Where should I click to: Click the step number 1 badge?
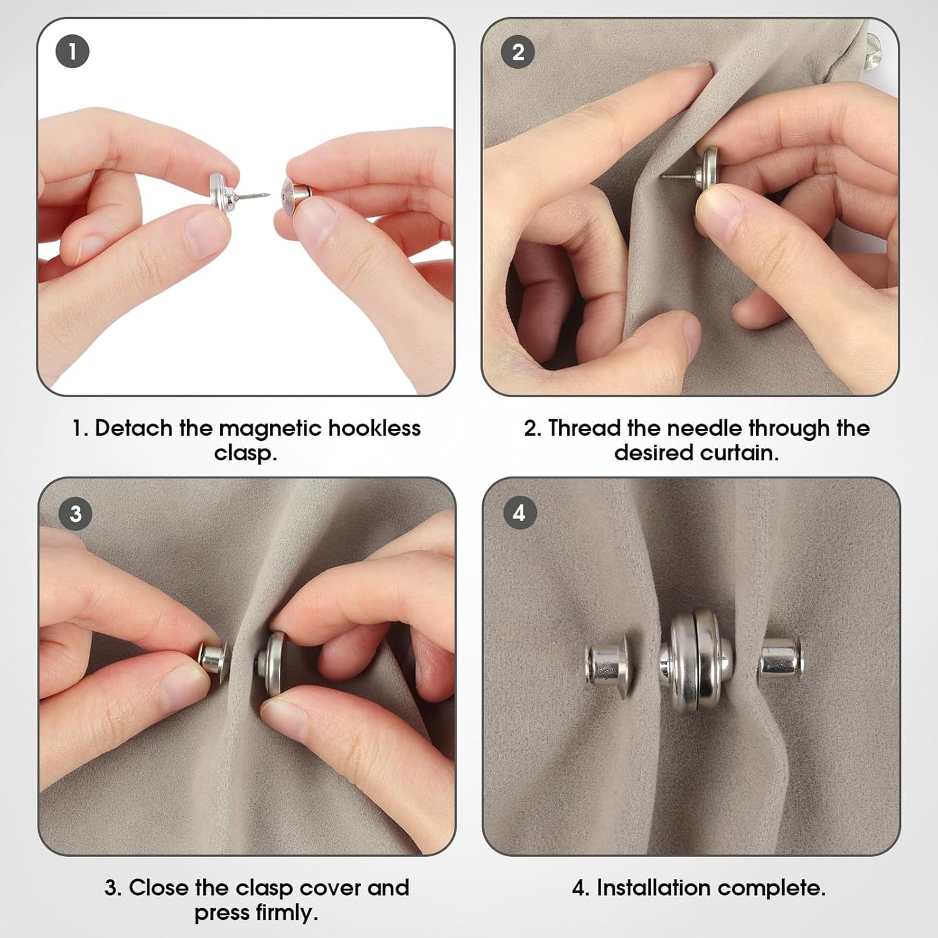pos(72,51)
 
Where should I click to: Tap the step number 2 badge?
pos(518,52)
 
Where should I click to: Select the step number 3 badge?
pos(75,513)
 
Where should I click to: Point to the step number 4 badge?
pos(519,513)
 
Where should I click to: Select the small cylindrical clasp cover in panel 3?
pos(213,657)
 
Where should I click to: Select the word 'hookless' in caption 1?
pos(375,428)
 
